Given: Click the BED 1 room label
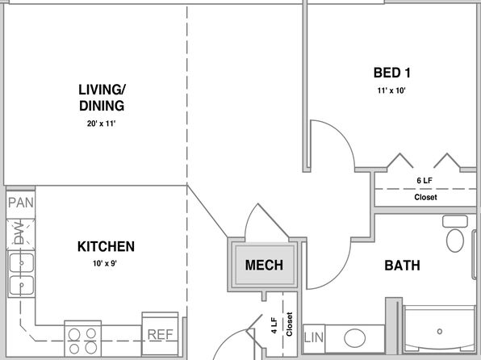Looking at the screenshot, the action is (x=391, y=73).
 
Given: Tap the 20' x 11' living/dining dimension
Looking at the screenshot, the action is (x=101, y=123).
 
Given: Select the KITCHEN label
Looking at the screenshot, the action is (x=106, y=246).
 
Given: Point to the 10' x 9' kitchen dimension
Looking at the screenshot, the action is (x=105, y=263).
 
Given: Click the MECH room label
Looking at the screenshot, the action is (x=264, y=266).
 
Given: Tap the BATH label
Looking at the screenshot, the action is (x=402, y=266).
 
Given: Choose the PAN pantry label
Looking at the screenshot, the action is (x=20, y=203).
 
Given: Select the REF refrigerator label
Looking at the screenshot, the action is (x=160, y=334).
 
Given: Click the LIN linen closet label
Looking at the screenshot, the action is (x=314, y=338).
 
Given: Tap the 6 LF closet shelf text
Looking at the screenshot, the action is (x=425, y=181).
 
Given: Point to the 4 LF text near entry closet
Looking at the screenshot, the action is (x=274, y=325).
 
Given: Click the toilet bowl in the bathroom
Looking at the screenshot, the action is (x=455, y=241).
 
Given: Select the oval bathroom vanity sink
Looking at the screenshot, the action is (x=354, y=338).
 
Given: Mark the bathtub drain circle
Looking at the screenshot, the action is (x=440, y=332).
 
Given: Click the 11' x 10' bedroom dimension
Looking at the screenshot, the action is (x=391, y=90).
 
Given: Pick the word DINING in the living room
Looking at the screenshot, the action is (x=102, y=106).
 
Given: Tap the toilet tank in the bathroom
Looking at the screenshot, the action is (x=455, y=221).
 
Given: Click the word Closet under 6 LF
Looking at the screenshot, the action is (x=425, y=197).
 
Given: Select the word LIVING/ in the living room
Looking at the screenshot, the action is (x=102, y=90).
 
